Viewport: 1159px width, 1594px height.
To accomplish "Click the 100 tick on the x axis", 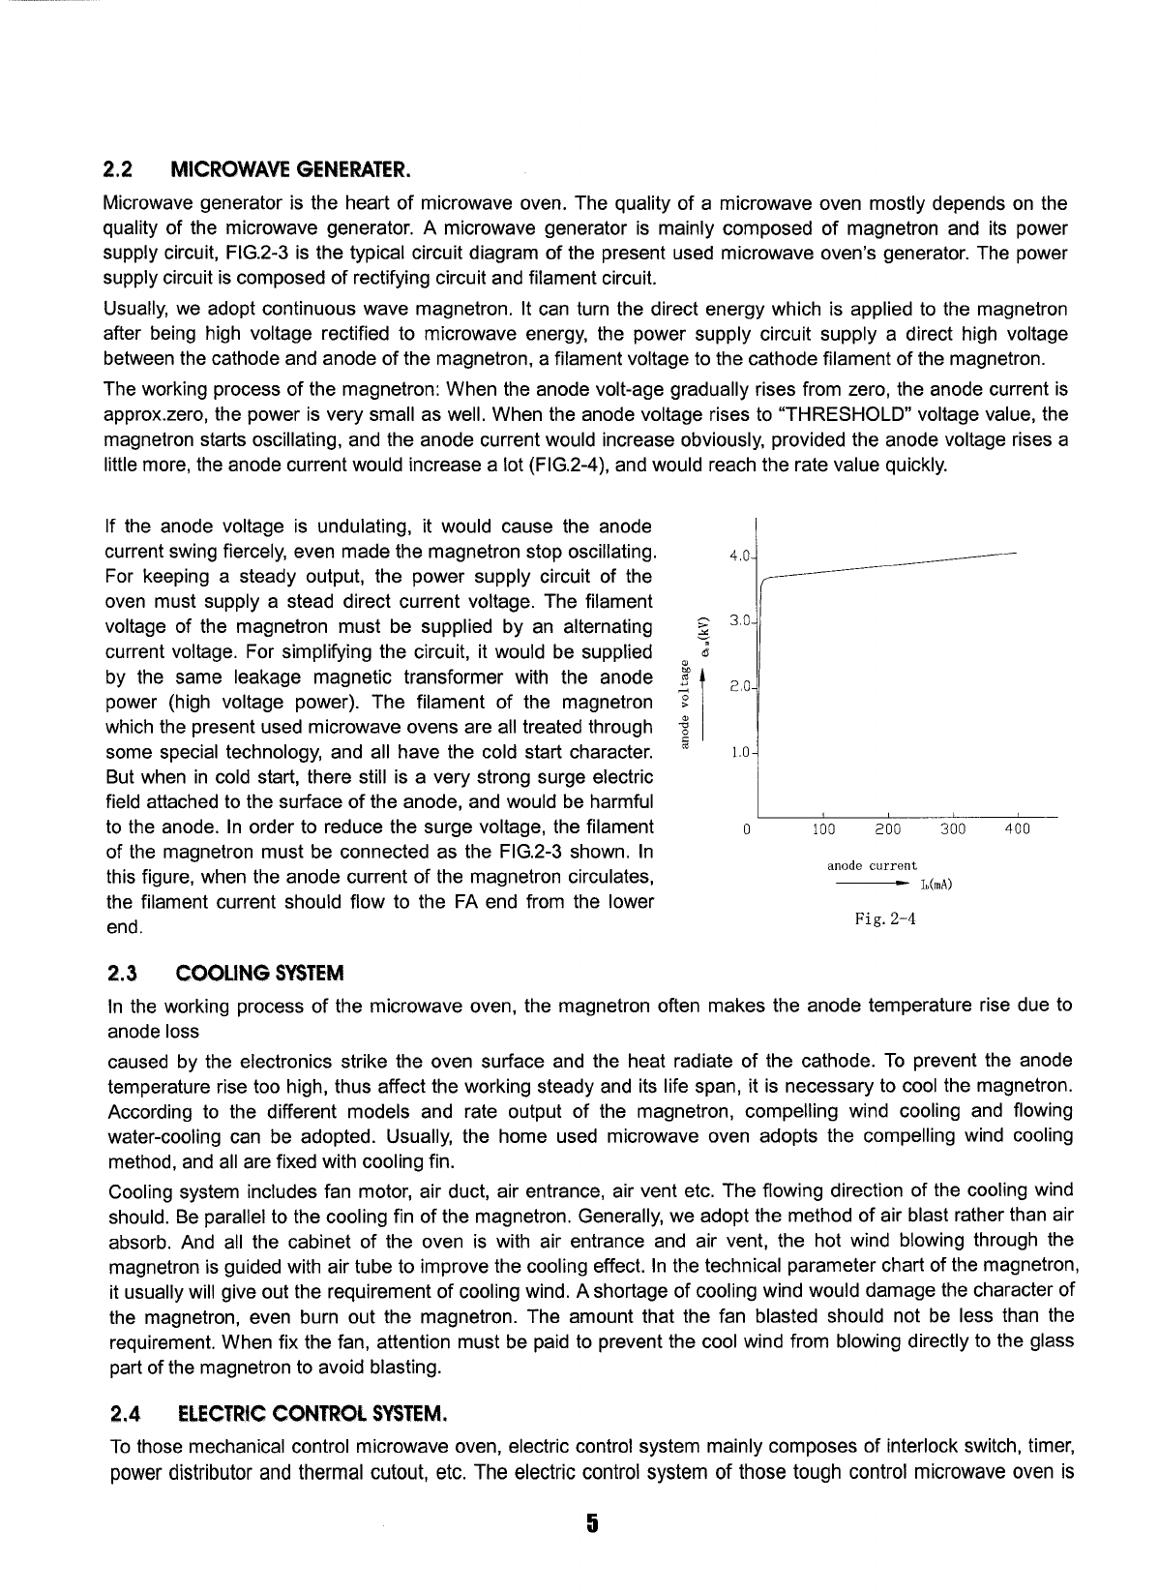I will (822, 829).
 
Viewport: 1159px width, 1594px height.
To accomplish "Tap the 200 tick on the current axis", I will (887, 829).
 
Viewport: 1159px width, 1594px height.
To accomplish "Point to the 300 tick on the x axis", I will (953, 829).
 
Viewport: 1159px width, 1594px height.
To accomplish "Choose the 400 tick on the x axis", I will (1018, 829).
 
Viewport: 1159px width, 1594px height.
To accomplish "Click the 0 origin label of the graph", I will (747, 829).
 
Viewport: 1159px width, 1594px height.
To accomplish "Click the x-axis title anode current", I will (872, 865).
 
